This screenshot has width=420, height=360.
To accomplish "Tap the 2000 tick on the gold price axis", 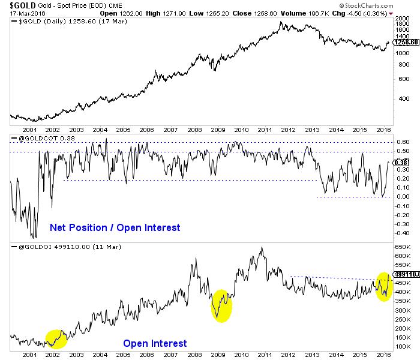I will click(x=402, y=19).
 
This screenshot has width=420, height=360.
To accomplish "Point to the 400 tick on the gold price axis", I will click(x=400, y=98).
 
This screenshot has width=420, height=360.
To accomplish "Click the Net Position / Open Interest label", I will click(x=115, y=227).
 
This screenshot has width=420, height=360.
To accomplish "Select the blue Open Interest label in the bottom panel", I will click(x=155, y=343).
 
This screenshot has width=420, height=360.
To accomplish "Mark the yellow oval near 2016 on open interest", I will click(x=384, y=287).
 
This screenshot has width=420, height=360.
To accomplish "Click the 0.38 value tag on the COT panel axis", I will click(x=403, y=162).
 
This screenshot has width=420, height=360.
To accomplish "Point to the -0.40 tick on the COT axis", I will click(x=403, y=233).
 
